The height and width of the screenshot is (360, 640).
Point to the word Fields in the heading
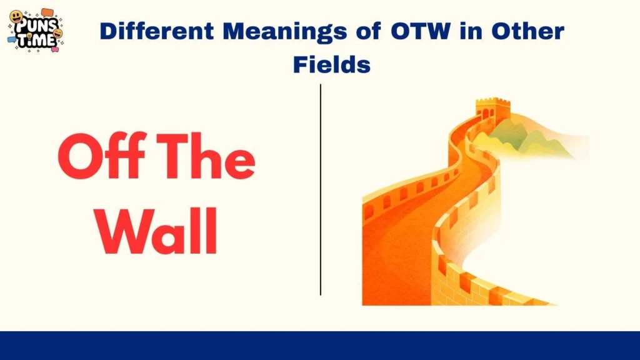331,64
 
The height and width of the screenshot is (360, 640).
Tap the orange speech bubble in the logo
48,13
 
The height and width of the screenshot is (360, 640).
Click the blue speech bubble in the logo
12,39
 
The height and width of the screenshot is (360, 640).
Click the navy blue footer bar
320,345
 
